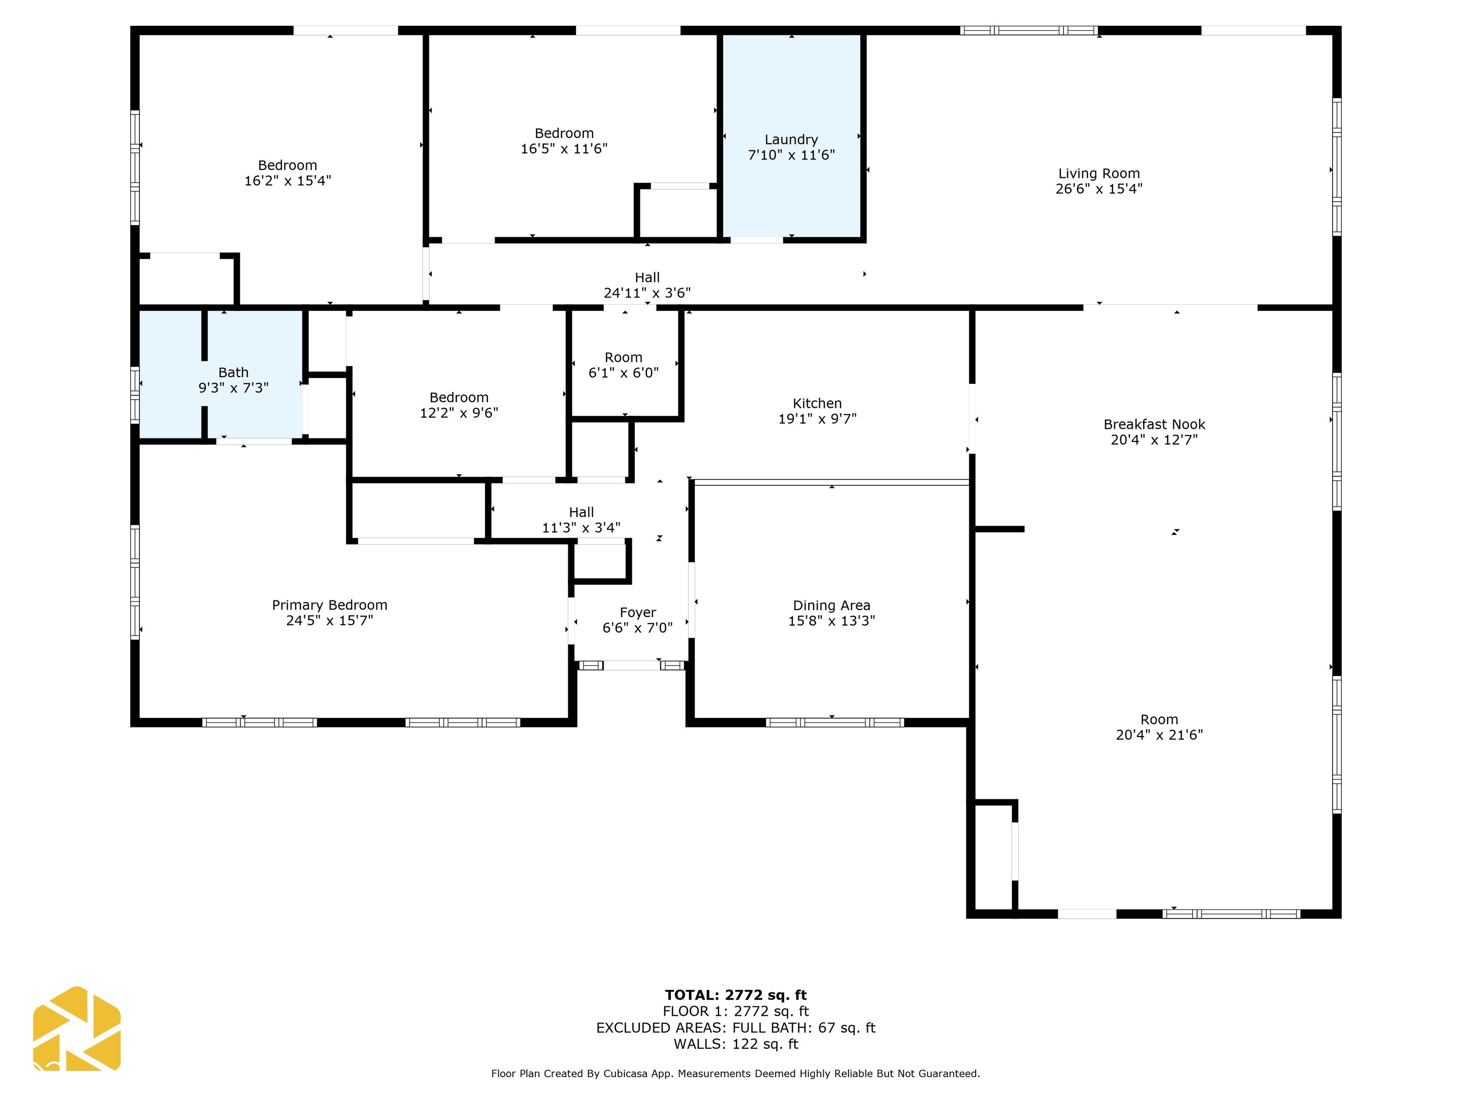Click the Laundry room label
coord(791,140)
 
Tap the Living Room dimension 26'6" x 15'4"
coord(1099,189)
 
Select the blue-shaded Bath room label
coord(233,373)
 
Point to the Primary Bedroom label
coord(329,605)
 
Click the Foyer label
coord(637,612)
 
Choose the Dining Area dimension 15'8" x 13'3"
coord(831,621)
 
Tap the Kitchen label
coord(817,403)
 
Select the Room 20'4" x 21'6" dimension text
coord(1159,735)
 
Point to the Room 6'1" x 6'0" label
coord(623,358)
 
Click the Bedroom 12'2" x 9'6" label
coord(459,398)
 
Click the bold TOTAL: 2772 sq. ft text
coord(736,995)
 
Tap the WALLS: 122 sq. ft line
coord(736,1044)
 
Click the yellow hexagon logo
coord(77,1029)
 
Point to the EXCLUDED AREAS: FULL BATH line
coord(736,1027)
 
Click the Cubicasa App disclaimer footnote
coord(736,1073)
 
